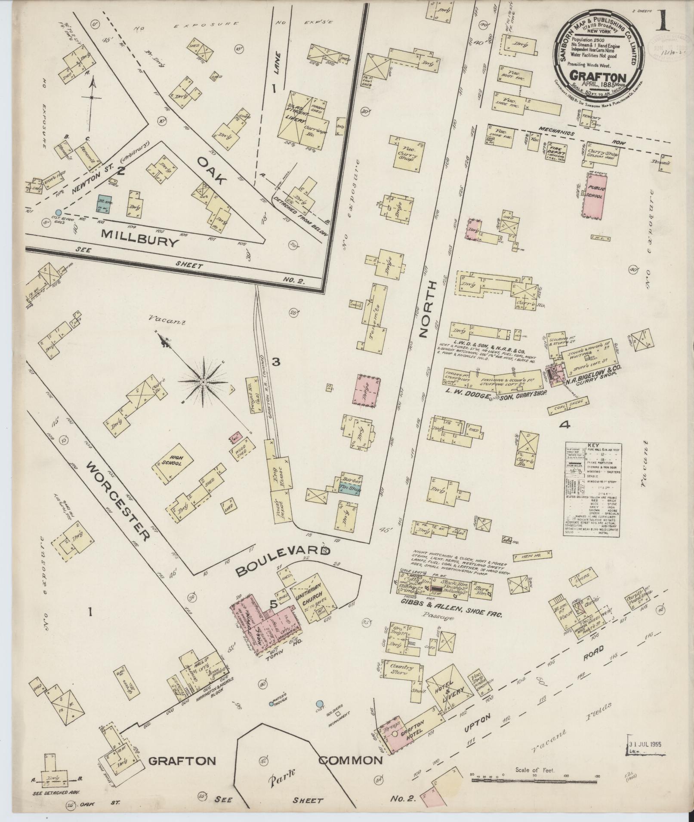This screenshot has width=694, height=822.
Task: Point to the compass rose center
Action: pos(204,381)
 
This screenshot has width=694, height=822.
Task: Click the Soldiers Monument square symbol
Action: pos(338,714)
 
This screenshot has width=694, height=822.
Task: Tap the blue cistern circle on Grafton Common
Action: pos(319,704)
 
